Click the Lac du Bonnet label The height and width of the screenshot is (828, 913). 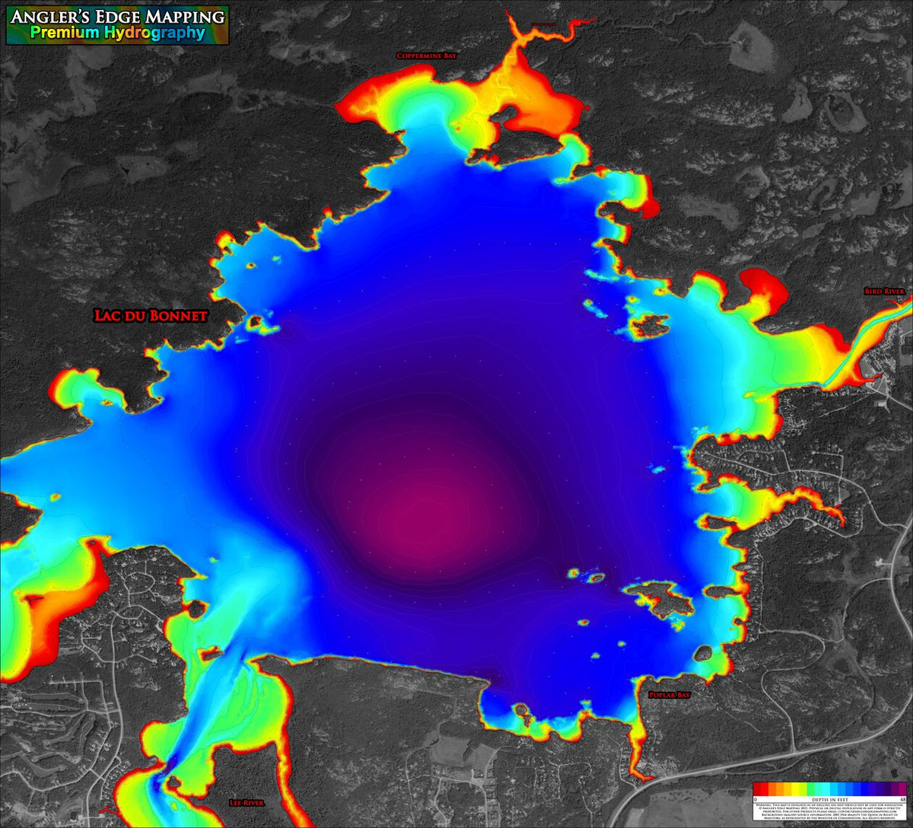(150, 315)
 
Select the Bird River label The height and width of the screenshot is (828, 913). (884, 291)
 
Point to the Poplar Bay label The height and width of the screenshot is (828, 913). (669, 696)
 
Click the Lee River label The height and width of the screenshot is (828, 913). (245, 803)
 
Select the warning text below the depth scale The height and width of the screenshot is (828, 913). (829, 811)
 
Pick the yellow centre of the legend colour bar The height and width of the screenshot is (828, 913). (791, 789)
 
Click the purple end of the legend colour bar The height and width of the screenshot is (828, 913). (901, 789)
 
